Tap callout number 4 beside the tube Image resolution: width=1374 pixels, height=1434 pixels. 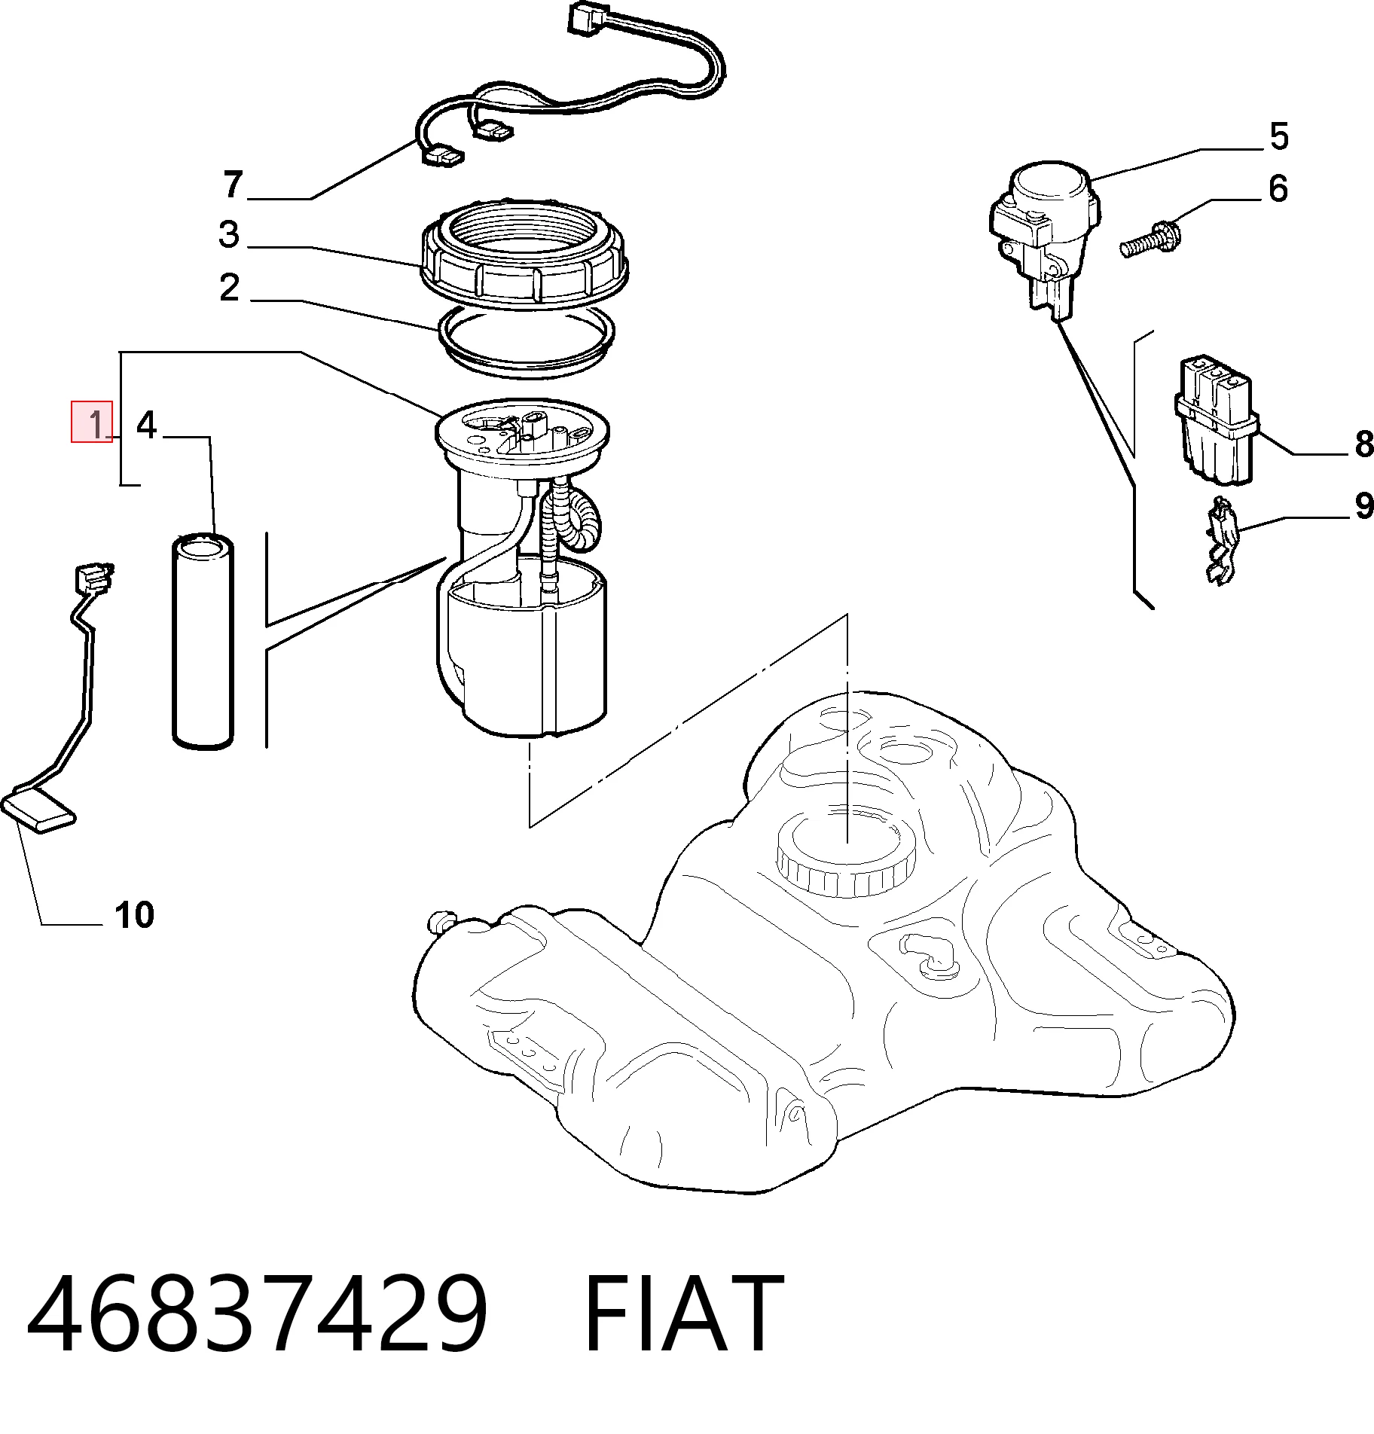pyautogui.click(x=146, y=426)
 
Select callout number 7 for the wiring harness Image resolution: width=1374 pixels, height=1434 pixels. pyautogui.click(x=234, y=185)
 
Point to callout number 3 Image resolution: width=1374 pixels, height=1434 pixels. pyautogui.click(x=229, y=234)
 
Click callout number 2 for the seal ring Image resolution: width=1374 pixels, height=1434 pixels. pyautogui.click(x=229, y=287)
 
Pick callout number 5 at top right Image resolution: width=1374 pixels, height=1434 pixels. pyautogui.click(x=1279, y=136)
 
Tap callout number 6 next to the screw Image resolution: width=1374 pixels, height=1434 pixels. pyautogui.click(x=1278, y=188)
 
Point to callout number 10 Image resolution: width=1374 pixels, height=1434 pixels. pyautogui.click(x=135, y=915)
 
